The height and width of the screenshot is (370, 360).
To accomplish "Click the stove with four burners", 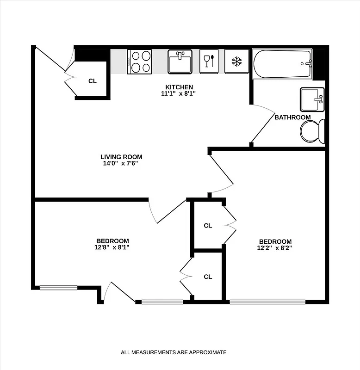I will pos(139,62).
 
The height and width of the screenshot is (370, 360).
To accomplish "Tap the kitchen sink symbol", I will pos(180,62).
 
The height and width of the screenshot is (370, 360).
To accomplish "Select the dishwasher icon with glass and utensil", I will pos(209,61).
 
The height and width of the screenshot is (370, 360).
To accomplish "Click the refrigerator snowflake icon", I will pos(236,61).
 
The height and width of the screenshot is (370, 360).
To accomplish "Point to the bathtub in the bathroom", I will pos(282,64).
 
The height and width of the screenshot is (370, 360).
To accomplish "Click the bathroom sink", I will pos(312,99).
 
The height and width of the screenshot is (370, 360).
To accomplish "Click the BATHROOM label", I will pos(292,117).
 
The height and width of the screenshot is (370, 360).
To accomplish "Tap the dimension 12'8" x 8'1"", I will pos(112,247).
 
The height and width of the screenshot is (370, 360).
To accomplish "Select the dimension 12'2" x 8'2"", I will pos(275,248).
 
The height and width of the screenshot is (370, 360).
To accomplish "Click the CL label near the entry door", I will pos(93,81).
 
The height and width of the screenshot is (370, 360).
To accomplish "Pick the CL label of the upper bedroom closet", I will pos(208,226).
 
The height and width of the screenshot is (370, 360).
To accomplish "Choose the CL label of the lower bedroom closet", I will pos(208,277).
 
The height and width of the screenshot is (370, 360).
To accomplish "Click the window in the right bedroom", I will pos(267,302).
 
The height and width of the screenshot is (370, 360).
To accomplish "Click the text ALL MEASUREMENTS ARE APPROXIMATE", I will pos(174,352).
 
